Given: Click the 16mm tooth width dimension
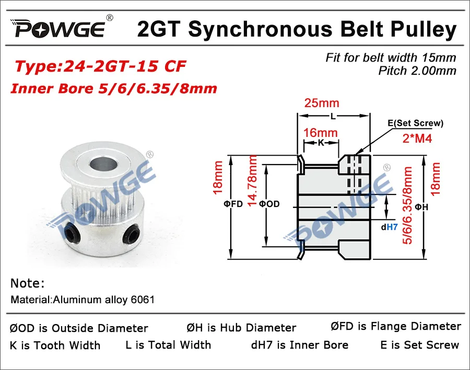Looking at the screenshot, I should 321,133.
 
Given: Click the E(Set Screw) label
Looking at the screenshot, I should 416,123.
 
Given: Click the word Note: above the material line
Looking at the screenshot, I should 28,284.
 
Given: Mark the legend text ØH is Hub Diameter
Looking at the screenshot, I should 241,328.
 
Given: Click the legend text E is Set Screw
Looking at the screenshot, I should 420,345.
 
